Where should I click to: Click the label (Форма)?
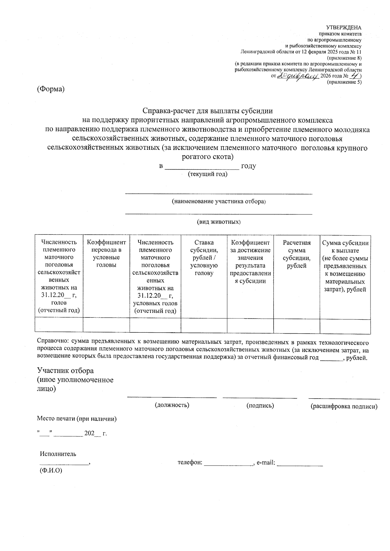click(x=51, y=89)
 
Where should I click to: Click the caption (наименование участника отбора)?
click(x=219, y=201)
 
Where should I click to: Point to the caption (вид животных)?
click(x=219, y=222)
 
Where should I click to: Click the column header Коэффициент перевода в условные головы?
click(x=106, y=253)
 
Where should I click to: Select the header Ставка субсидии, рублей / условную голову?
click(x=204, y=257)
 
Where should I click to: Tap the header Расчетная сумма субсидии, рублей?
click(x=296, y=254)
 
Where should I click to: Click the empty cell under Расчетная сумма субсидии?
click(x=296, y=326)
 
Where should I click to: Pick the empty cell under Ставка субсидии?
click(x=204, y=326)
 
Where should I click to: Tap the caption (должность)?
click(x=172, y=405)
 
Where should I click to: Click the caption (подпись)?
click(x=260, y=405)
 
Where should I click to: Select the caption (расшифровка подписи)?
click(x=344, y=406)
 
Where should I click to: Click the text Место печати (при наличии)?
click(x=77, y=419)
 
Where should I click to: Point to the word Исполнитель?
click(x=58, y=454)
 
